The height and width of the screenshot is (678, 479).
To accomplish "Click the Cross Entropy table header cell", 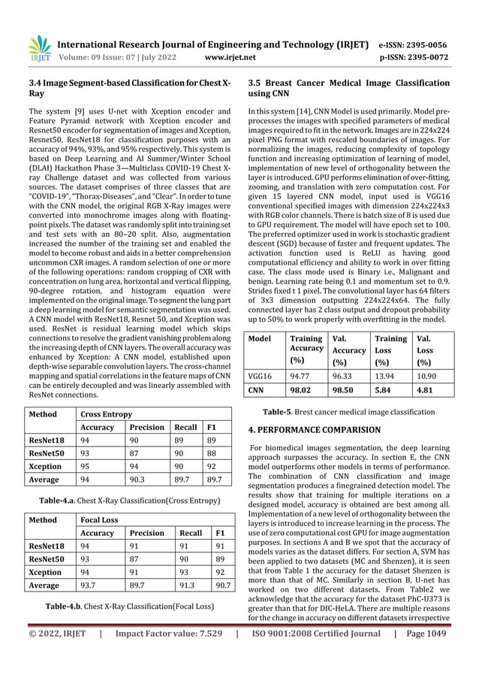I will (107, 414).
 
